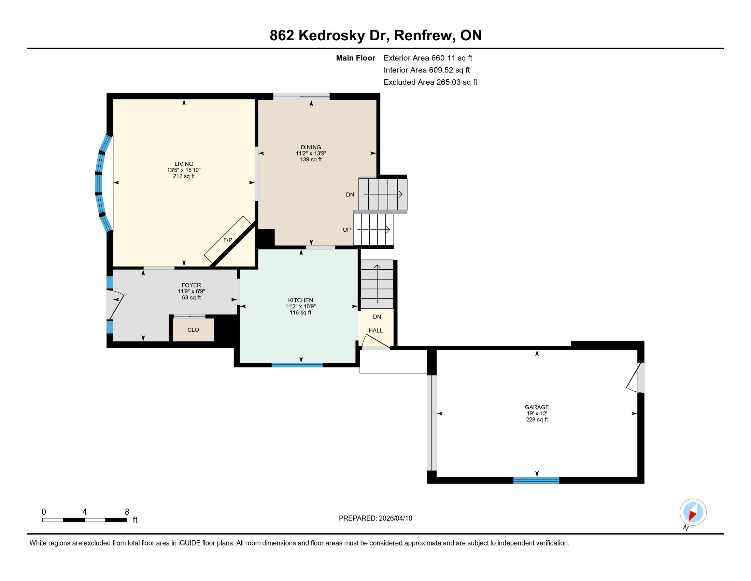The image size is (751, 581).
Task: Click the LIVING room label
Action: click(x=184, y=164)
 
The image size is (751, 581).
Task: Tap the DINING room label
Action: click(x=311, y=147)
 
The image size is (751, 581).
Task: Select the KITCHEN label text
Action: click(x=300, y=300)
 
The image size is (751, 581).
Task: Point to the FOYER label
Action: click(x=191, y=285)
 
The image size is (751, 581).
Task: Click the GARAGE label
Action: click(x=537, y=407)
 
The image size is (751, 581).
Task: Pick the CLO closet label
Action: click(x=193, y=330)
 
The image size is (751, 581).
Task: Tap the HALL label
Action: click(x=375, y=330)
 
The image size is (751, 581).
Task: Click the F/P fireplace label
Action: click(x=228, y=240)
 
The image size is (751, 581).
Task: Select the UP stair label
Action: click(x=346, y=230)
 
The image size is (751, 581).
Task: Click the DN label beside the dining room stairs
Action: click(x=350, y=194)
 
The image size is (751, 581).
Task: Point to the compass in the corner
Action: click(x=693, y=512)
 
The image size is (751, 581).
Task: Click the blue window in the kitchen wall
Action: click(x=297, y=365)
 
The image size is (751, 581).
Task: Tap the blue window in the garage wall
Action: click(x=536, y=480)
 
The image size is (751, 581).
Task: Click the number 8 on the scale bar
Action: click(x=127, y=512)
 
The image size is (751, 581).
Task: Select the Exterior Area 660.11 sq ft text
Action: click(x=428, y=58)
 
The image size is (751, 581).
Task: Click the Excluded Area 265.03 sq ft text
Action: click(x=430, y=82)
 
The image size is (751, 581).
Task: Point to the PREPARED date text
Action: click(x=375, y=518)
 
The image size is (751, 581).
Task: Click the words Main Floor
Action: click(x=356, y=58)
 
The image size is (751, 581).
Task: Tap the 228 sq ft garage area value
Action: click(x=537, y=420)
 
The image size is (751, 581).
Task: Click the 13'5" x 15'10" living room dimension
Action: click(x=184, y=170)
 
